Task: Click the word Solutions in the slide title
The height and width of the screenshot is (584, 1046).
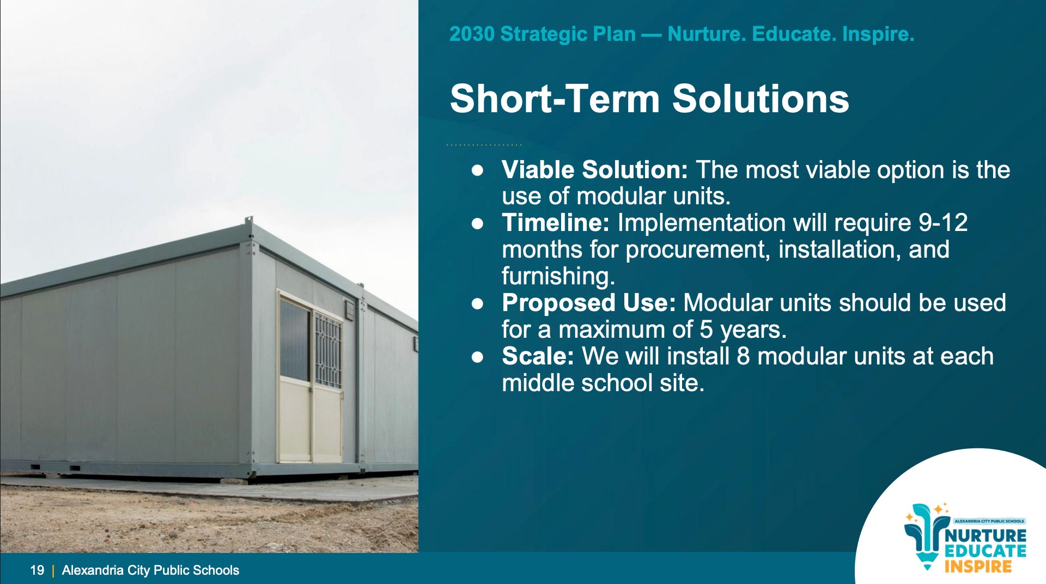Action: (760, 99)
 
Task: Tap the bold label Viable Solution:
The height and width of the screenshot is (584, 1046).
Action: (595, 169)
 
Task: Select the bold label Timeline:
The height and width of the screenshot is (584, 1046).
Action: (555, 223)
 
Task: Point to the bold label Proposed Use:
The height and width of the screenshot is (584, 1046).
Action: (588, 303)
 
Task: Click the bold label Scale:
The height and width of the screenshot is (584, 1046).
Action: (538, 356)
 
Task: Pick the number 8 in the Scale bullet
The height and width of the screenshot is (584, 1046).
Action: (744, 356)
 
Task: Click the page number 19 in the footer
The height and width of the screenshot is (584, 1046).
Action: (37, 570)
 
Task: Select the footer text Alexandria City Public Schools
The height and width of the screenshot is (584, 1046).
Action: (150, 570)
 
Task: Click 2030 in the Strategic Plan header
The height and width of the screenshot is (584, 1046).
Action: (472, 34)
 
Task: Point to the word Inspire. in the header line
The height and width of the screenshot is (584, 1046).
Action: (878, 34)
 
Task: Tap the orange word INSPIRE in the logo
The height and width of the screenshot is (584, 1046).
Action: (978, 566)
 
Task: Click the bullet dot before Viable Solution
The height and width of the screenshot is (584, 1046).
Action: (478, 171)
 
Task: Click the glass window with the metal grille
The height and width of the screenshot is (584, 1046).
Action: (328, 350)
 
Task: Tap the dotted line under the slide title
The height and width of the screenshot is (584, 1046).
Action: (484, 145)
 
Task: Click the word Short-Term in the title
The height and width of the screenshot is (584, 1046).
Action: (555, 99)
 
